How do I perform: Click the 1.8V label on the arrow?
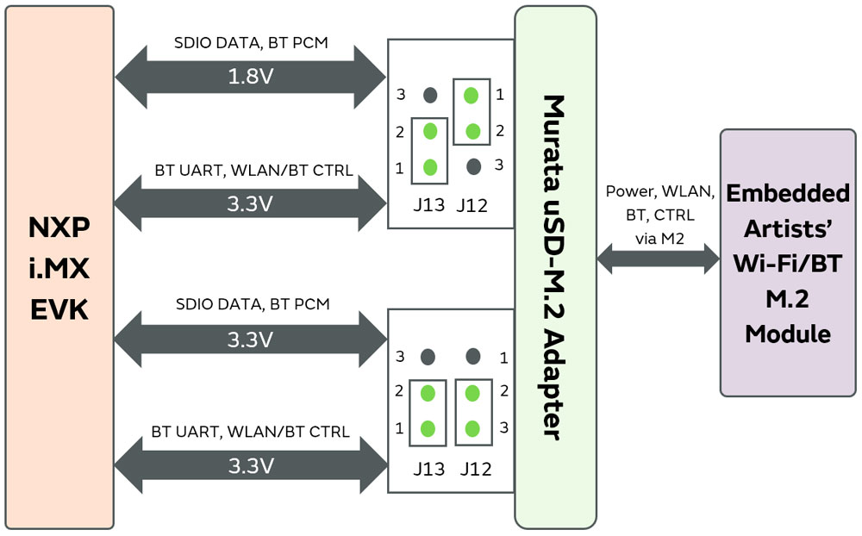(x=250, y=77)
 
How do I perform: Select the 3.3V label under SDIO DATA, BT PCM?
(x=250, y=340)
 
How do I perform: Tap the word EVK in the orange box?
(x=59, y=309)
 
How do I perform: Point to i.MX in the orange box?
(x=59, y=268)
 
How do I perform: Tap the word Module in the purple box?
(x=788, y=333)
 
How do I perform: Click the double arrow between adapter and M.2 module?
(x=658, y=257)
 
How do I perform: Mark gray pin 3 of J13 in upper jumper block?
(x=429, y=95)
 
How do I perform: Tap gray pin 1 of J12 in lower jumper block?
(x=472, y=356)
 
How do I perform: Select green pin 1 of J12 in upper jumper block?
(x=472, y=94)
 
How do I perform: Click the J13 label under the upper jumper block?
(x=428, y=205)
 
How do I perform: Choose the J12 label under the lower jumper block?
(x=475, y=469)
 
